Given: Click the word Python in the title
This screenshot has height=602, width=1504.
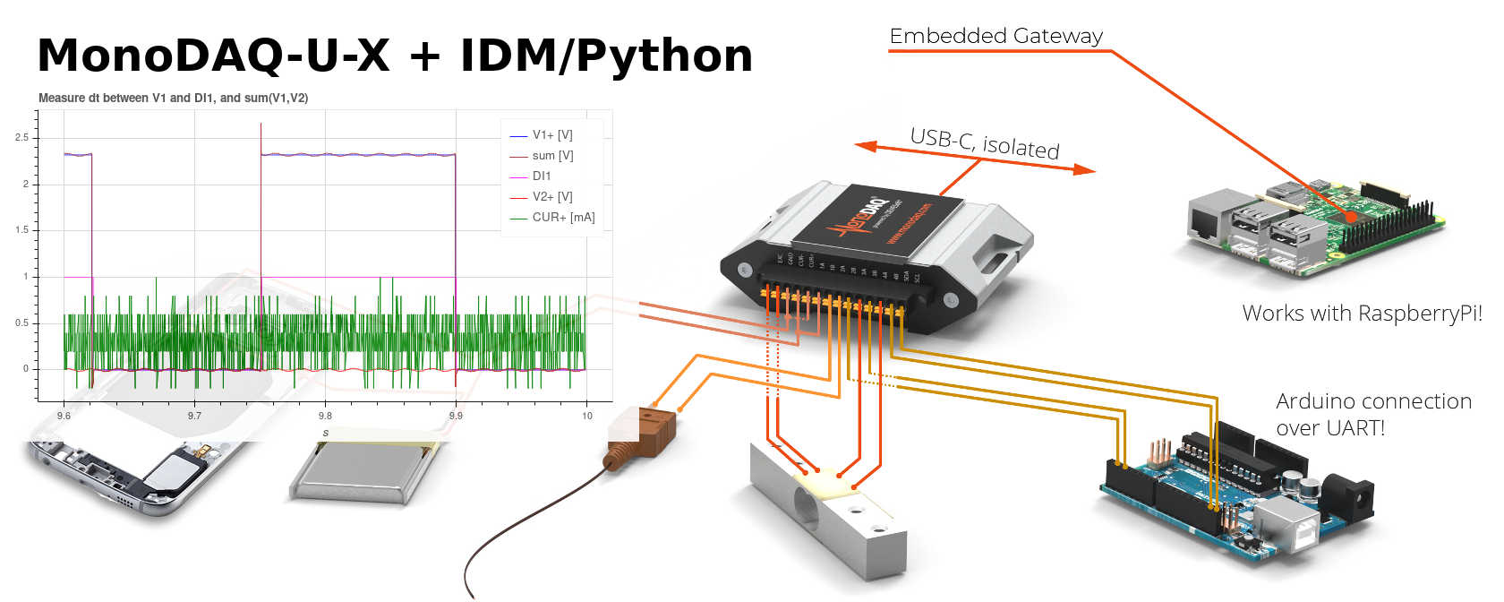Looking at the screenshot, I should coord(663,56).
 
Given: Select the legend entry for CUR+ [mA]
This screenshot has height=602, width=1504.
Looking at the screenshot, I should coord(562,217).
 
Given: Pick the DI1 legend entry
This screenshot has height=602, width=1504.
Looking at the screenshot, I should coord(542,176).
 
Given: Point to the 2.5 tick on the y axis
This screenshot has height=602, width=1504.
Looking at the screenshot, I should coord(21,137).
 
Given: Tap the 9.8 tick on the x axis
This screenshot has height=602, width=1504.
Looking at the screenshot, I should coord(325,416).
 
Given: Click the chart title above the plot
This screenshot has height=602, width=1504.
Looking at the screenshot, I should coord(173,98).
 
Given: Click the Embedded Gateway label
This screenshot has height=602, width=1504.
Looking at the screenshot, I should coord(996,36).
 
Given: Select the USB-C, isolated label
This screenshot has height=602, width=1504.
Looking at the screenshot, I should coord(984,143).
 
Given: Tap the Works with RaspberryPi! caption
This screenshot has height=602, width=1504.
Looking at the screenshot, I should coord(1362,314).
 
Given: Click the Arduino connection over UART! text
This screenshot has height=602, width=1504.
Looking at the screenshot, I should coord(1372,414).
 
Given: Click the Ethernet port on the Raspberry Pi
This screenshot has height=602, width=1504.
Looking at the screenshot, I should coord(1208,219).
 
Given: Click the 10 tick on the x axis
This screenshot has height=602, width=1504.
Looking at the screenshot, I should coord(587,416).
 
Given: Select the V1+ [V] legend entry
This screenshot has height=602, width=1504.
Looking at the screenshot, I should coord(551,135).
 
